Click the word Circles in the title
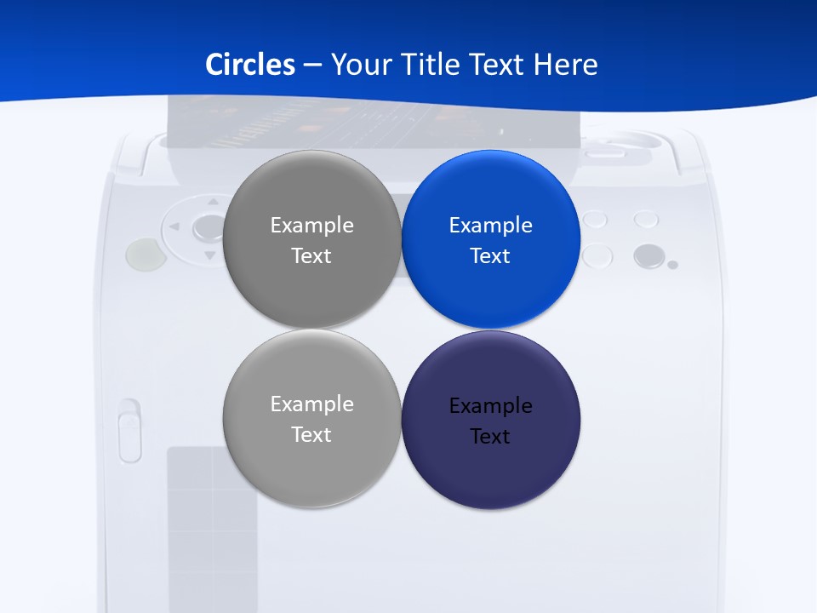click(x=250, y=64)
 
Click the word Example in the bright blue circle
click(x=490, y=225)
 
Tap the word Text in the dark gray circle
click(x=311, y=255)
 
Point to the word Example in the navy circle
click(x=490, y=405)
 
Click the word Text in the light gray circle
click(x=311, y=434)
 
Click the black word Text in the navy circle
click(x=490, y=436)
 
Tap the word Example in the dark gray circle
click(x=311, y=225)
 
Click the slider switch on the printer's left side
click(x=129, y=431)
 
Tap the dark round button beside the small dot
click(x=648, y=255)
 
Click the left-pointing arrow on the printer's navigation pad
click(x=174, y=227)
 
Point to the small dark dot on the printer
click(x=672, y=265)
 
